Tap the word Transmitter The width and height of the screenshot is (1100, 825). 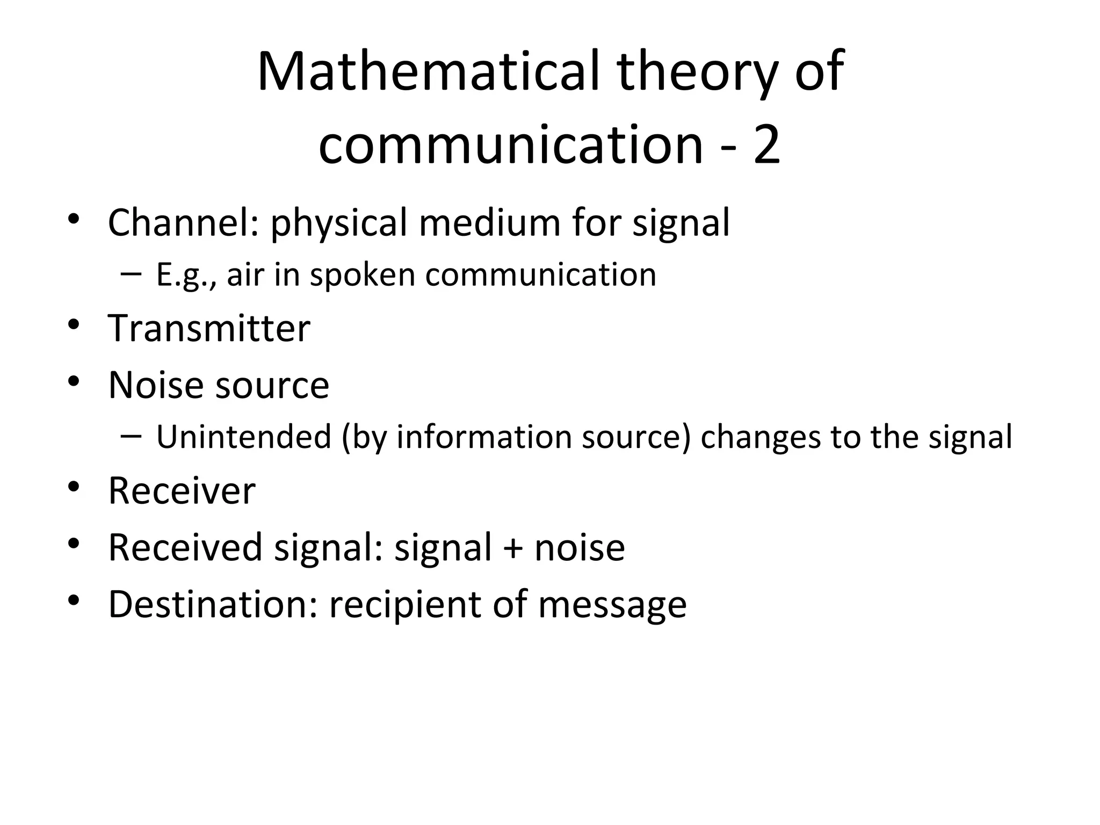209,328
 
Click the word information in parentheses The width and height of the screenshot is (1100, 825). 484,437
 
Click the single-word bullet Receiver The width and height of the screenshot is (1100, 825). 182,491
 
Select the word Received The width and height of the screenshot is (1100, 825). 185,547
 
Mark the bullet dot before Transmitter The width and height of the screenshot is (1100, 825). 74,325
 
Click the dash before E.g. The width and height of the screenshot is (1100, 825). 131,274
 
